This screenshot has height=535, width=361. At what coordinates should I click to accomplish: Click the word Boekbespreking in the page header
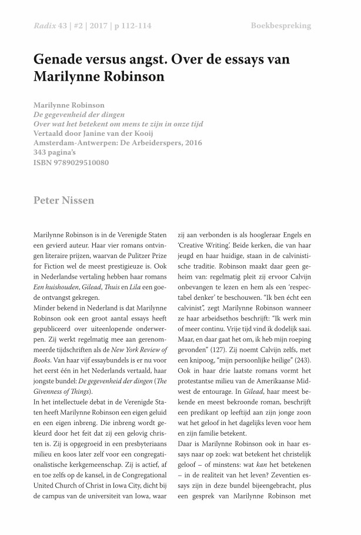point(280,26)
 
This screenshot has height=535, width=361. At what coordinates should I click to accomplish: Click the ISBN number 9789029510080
point(81,162)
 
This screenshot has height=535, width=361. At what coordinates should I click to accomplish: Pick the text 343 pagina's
point(58,152)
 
